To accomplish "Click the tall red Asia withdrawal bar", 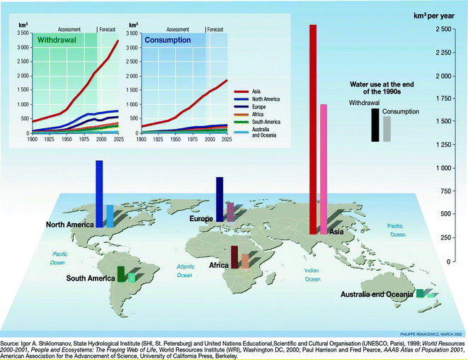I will point(312,128).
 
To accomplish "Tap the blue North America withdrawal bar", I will point(99,191).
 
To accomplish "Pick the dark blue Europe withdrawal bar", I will point(219,198).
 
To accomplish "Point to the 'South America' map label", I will point(91,279).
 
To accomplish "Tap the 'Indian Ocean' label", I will point(312,275).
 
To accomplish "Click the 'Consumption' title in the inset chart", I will point(168,40).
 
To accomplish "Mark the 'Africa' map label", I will point(219,265).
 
